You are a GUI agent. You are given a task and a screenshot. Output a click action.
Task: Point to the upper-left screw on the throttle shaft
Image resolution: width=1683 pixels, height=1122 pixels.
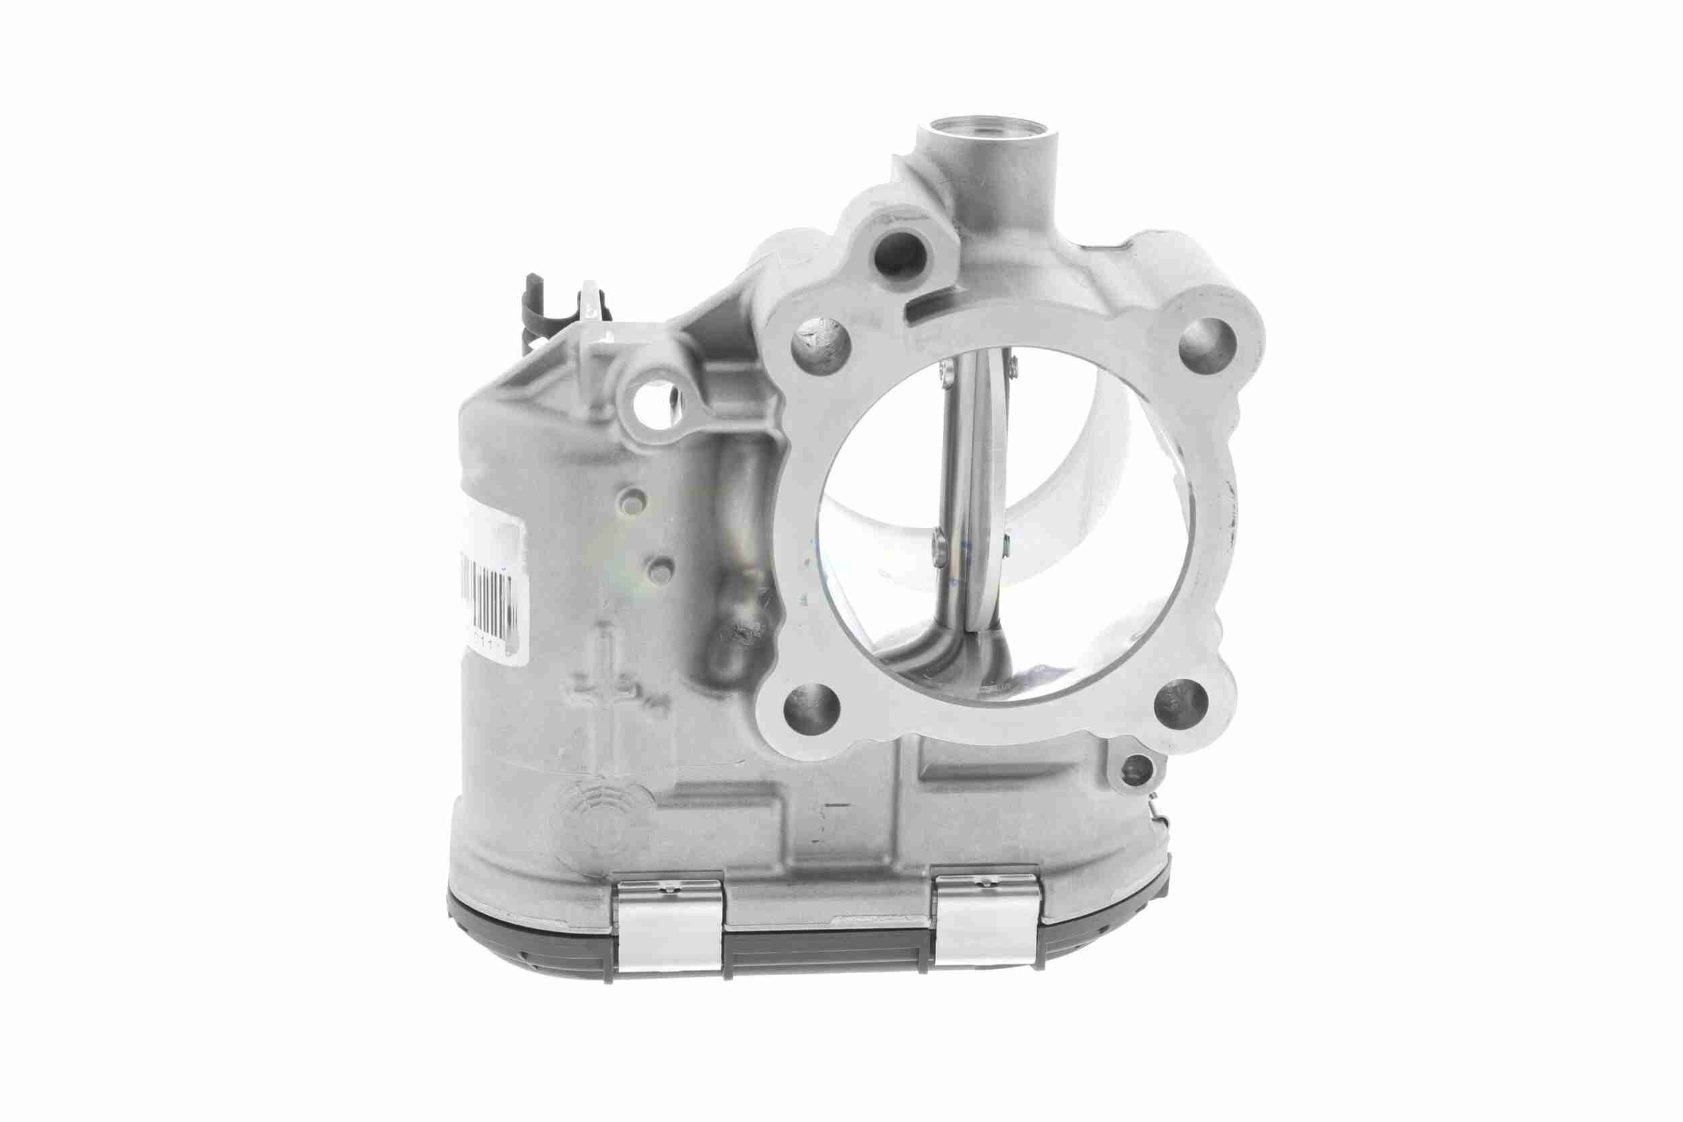(949, 370)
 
